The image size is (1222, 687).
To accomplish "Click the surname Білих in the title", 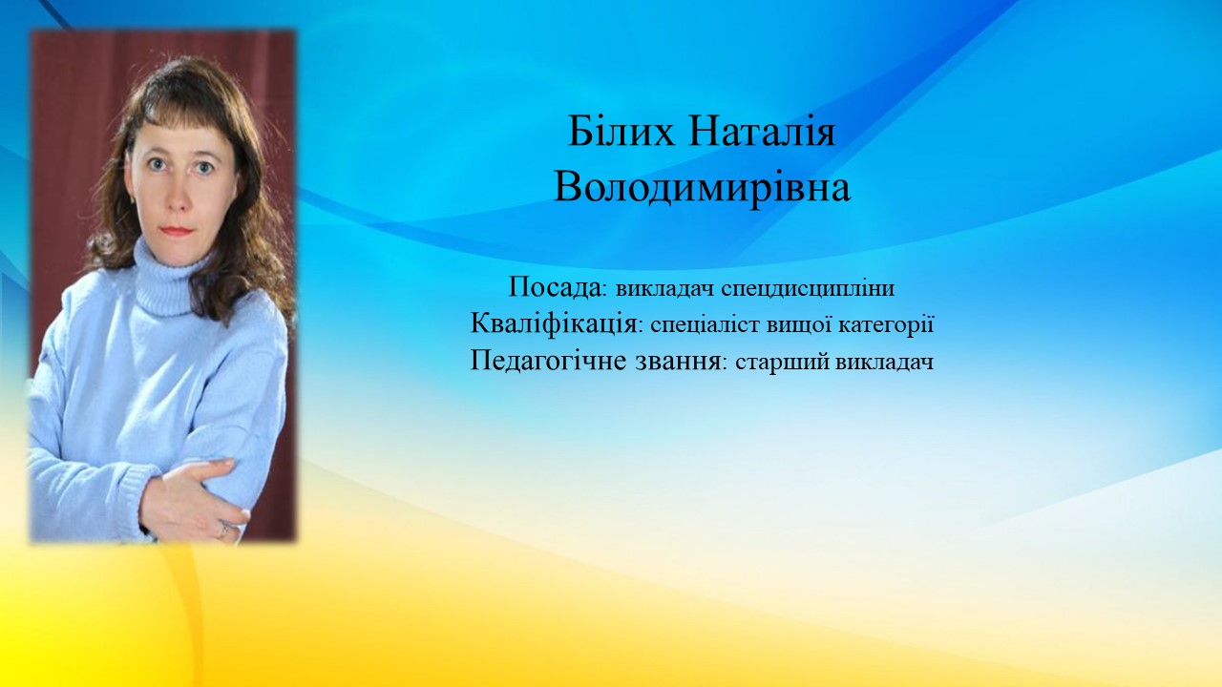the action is coord(621,133).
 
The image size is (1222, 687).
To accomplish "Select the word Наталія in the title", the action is coord(762,133).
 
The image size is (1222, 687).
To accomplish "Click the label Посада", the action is coord(554,287).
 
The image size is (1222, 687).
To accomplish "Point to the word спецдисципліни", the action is coord(808,289).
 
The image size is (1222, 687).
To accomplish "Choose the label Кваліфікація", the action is coord(552,325).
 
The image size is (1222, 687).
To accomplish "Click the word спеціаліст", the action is coord(706,326).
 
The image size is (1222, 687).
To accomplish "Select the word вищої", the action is coord(798,326).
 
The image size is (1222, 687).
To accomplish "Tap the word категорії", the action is coord(885,326).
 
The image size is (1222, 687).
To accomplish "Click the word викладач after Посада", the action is coord(665,289).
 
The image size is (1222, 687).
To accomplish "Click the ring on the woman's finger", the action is coord(224,528).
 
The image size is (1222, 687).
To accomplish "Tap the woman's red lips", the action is coord(178,230).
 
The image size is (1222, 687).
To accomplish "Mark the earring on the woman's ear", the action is coord(132,199).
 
